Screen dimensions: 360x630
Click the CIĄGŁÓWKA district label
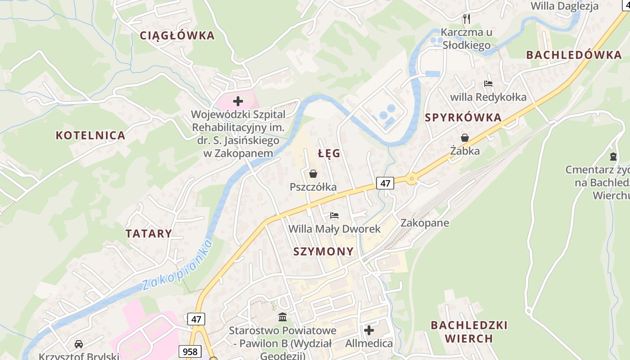tap(177, 36)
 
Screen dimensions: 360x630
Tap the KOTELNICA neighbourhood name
tap(90, 135)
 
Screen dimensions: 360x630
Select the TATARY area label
tap(149, 234)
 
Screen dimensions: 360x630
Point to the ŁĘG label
tap(329, 153)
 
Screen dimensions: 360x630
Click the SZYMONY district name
tap(324, 251)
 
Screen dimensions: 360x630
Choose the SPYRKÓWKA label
tap(463, 117)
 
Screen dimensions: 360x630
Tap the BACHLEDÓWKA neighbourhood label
tap(574, 55)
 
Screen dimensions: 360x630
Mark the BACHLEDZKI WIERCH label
tap(469, 331)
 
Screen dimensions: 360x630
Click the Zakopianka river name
tap(177, 266)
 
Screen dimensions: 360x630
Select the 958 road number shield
tap(190, 351)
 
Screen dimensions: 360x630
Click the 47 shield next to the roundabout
tap(385, 183)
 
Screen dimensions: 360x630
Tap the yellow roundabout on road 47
tap(411, 179)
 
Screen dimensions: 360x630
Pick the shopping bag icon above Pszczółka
tap(313, 174)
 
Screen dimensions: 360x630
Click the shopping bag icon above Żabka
tap(465, 138)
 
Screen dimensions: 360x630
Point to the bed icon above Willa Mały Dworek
tap(334, 216)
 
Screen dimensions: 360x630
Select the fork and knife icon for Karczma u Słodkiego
tap(467, 18)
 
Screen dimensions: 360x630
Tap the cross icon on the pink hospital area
tap(238, 101)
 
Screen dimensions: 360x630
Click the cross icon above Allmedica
tap(369, 331)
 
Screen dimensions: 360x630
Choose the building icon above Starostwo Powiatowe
tap(283, 317)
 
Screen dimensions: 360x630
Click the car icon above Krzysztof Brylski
tap(79, 344)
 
